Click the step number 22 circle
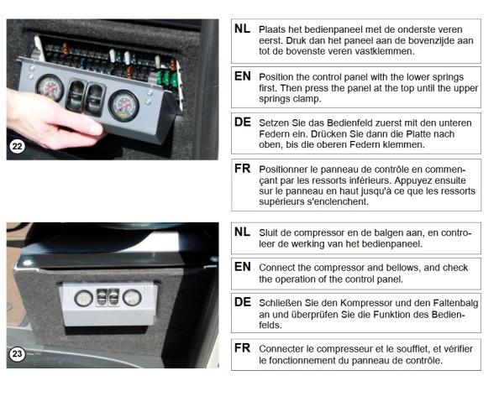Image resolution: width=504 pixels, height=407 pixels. pos(17,147)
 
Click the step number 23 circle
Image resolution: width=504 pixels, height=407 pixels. pos(17,354)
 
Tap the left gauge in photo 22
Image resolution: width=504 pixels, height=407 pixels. pos(50,87)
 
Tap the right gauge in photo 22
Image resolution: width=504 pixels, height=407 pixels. pos(123,106)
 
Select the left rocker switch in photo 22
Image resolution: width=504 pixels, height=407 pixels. pos(76,96)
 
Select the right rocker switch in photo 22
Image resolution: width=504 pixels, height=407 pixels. pos(94,100)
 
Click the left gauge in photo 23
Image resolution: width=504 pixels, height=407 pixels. pos(83,298)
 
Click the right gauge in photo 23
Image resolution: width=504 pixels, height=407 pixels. pos(132,297)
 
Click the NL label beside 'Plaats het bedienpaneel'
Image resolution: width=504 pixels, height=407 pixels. pos(243,29)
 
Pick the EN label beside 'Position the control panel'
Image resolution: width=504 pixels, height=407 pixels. pos(243,76)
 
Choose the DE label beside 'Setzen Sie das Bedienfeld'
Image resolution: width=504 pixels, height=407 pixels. pos(243,122)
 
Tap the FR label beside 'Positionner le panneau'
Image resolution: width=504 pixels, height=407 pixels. pos(242,169)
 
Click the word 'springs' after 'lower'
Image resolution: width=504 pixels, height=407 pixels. pos(448,78)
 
